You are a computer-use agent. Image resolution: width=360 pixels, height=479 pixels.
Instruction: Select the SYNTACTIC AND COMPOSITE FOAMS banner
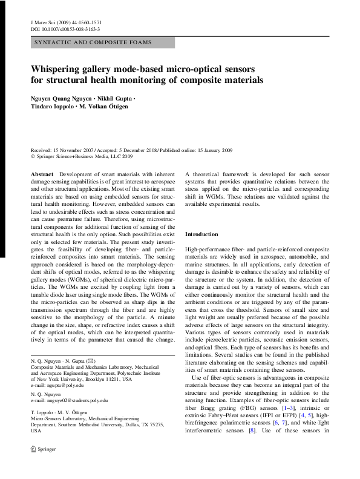coord(93,43)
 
